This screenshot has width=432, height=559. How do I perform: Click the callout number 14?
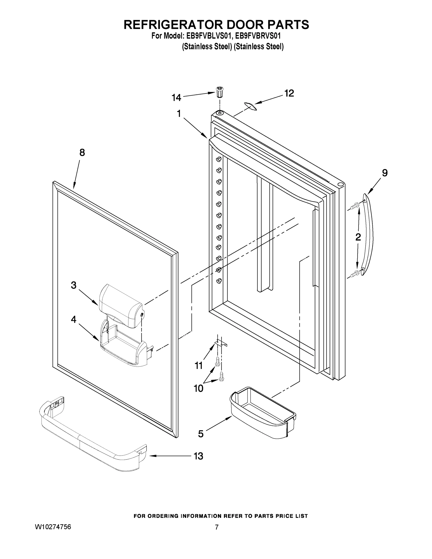176,98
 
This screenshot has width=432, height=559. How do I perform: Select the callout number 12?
289,93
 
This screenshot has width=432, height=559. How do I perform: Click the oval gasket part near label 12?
250,106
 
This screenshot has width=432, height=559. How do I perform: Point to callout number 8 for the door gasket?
82,153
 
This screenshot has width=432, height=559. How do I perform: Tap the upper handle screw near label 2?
355,205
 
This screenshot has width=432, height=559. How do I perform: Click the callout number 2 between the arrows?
358,237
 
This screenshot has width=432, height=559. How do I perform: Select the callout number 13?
198,456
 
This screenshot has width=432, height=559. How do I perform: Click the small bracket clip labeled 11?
220,343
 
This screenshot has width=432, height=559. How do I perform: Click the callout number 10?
198,388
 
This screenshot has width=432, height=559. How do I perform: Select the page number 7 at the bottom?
217,527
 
